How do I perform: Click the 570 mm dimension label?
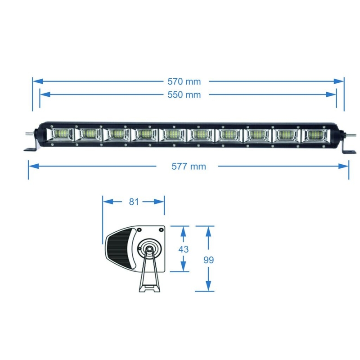pos(184,81)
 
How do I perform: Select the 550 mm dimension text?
pos(184,94)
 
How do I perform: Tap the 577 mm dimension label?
pos(189,166)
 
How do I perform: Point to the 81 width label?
pos(134,202)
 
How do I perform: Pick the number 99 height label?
pos(208,260)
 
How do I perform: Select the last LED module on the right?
pos(314,134)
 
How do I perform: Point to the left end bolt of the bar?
pos(29,134)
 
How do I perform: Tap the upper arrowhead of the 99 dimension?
pos(208,231)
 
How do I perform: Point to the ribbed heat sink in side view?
pos(118,250)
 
